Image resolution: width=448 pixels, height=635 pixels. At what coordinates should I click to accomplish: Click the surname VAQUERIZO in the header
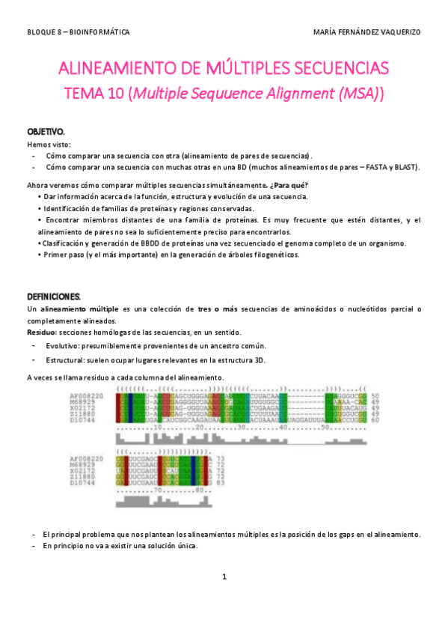tap(397, 32)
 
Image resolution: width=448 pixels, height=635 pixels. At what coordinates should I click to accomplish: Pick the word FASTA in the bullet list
tap(368, 167)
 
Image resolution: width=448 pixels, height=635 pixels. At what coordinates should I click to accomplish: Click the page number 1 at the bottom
tap(224, 577)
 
